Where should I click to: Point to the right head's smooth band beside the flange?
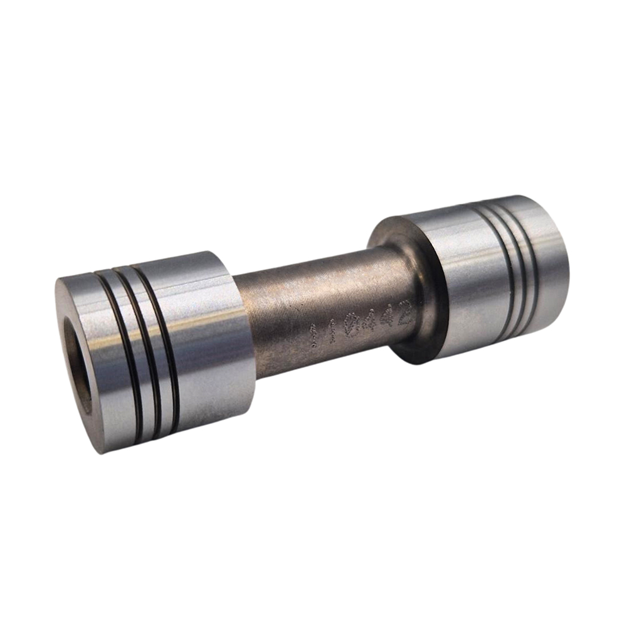point(451,282)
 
